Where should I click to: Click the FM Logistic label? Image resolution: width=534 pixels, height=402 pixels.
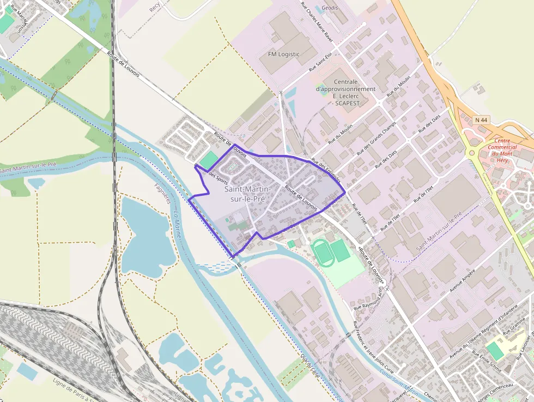point(284,54)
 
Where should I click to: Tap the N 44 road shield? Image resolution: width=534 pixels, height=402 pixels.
point(481,119)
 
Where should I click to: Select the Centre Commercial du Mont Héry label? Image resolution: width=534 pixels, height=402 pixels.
point(502,147)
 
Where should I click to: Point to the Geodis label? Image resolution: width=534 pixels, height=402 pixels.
point(330,8)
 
